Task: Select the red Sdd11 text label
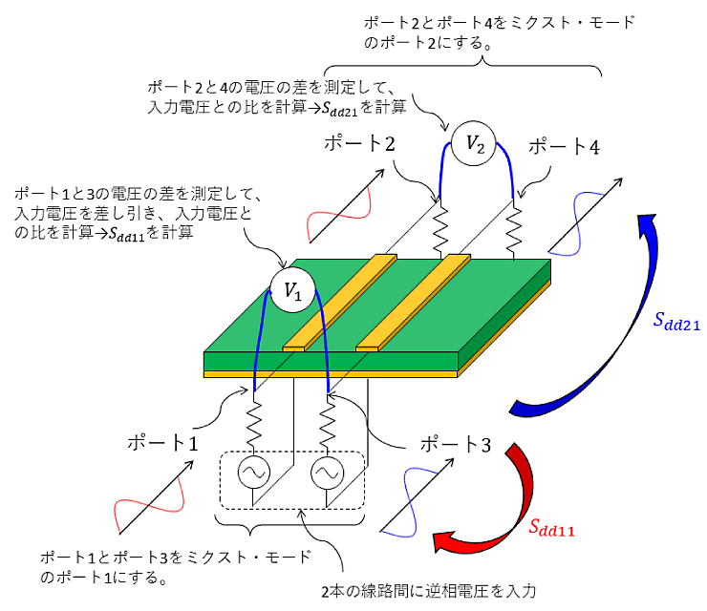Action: click(553, 526)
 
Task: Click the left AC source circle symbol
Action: click(256, 472)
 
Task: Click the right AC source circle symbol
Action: click(328, 472)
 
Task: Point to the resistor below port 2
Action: click(440, 224)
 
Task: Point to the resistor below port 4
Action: click(517, 224)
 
